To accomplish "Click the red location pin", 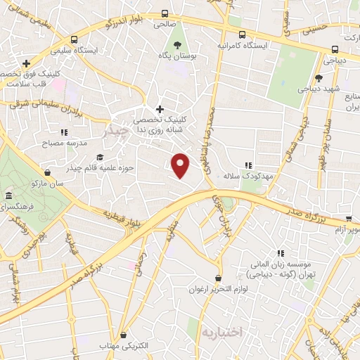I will [181, 165].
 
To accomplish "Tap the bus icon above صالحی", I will [165, 13].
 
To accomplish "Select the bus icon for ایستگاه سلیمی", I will [74, 40].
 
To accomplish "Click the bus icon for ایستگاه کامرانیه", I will [242, 34].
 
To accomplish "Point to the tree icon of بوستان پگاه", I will [180, 44].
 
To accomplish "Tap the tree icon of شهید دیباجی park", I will [319, 78].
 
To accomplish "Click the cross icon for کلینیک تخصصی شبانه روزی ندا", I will [160, 109].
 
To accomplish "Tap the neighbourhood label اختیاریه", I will [221, 330].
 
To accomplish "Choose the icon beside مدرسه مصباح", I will [64, 131].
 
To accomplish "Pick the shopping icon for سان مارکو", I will [47, 172].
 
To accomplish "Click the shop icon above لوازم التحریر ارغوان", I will [219, 278].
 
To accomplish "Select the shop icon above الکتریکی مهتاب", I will [124, 335].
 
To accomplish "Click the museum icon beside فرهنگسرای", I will [8, 195].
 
